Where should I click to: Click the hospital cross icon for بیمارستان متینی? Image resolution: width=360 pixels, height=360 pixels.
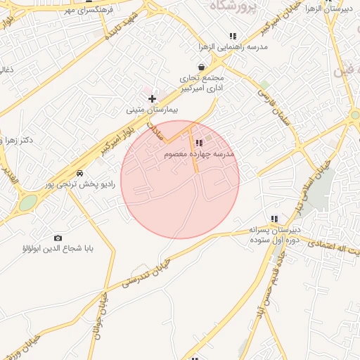[x=153, y=98]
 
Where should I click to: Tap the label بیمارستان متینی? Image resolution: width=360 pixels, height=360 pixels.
[x=153, y=110]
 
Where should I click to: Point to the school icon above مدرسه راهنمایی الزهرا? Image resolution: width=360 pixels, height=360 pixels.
[x=233, y=36]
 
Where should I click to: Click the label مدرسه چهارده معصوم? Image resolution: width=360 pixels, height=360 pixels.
[x=199, y=153]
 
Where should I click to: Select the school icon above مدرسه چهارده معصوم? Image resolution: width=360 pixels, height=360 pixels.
[x=199, y=143]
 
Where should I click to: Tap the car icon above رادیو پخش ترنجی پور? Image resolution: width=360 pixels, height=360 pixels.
[x=80, y=173]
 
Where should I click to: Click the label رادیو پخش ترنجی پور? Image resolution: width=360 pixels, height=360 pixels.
[x=79, y=184]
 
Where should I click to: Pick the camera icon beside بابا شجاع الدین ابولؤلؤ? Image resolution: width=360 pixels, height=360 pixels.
[x=58, y=238]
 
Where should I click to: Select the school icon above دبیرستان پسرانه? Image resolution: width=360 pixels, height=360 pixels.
[x=274, y=219]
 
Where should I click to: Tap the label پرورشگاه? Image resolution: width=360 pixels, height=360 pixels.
[x=231, y=5]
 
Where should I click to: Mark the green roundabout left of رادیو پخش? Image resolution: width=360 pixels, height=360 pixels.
[x=28, y=203]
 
